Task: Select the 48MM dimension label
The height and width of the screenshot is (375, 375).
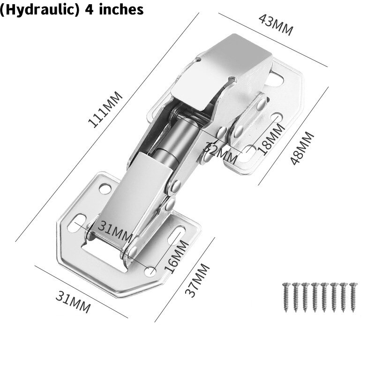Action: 301,148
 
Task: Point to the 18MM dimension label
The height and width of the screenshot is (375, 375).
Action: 266,139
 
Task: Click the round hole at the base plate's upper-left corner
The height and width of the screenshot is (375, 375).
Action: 104,190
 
